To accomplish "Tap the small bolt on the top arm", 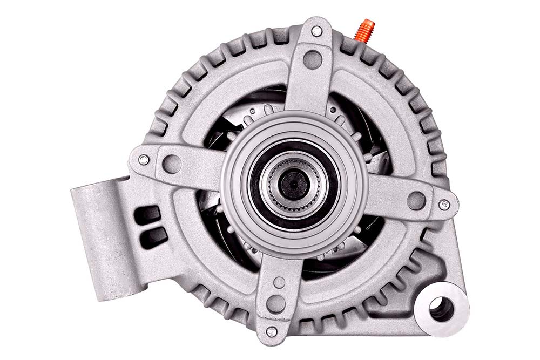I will click(316, 31).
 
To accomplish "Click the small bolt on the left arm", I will click(143, 160).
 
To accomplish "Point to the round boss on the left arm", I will click(172, 164).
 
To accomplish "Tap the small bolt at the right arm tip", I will click(444, 205).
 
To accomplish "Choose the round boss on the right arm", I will click(416, 200).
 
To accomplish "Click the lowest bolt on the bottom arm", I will click(272, 331).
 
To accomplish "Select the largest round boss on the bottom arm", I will click(275, 303).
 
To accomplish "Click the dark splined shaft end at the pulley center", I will click(294, 184).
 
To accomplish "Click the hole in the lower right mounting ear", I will click(442, 308).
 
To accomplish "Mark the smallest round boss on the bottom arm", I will click(279, 282).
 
